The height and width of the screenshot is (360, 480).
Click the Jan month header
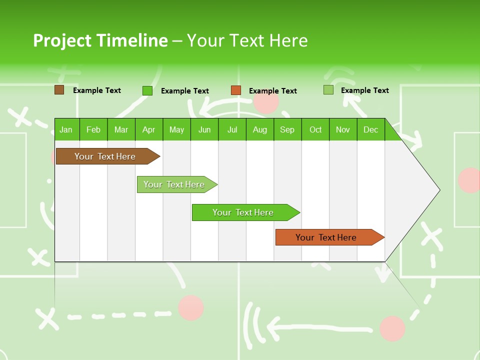[x=66, y=130]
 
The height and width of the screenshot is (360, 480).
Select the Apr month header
[x=149, y=130]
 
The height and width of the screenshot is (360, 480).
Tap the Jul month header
[x=232, y=130]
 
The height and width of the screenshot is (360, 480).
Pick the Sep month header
[x=287, y=130]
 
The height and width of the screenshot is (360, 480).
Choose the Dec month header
[x=370, y=130]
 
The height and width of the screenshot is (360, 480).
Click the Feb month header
[x=93, y=130]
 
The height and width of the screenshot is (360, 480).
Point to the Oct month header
[x=315, y=130]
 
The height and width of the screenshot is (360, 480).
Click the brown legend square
[x=59, y=90]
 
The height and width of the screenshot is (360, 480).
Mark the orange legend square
[x=236, y=90]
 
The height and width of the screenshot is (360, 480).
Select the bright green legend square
[x=147, y=90]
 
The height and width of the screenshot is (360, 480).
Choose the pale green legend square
[x=328, y=90]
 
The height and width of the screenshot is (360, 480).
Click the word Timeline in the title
[x=131, y=40]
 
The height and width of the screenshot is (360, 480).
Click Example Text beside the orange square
[x=272, y=91]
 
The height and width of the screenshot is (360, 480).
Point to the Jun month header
[x=204, y=130]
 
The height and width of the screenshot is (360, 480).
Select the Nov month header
[x=343, y=130]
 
